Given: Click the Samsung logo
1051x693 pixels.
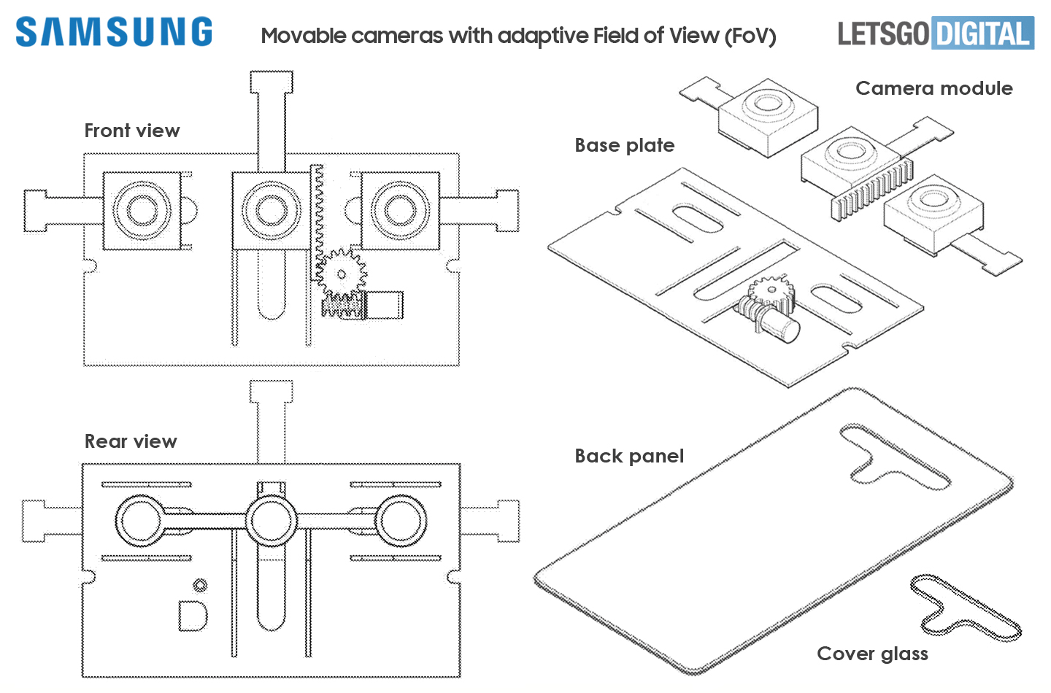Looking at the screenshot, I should click(114, 32).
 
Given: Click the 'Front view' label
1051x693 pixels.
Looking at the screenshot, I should click(132, 131).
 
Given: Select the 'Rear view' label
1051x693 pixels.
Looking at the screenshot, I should click(131, 441).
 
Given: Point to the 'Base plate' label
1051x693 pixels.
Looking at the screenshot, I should click(624, 145).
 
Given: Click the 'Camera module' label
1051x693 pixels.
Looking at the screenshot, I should click(933, 88).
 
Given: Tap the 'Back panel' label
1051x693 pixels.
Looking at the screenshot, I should click(629, 456).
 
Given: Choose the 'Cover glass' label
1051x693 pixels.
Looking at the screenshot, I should click(872, 654).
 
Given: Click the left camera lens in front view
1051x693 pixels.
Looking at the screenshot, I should click(142, 210).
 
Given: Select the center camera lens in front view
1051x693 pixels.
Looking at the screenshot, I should click(271, 210).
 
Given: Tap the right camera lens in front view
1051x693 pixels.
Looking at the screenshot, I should click(400, 210).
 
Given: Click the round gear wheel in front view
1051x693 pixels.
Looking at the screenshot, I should click(340, 274).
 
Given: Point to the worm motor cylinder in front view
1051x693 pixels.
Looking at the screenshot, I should click(384, 305).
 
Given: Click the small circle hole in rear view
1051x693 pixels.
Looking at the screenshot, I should click(200, 585).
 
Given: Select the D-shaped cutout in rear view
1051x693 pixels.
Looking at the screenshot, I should click(193, 616).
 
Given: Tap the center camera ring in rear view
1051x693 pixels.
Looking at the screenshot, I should click(271, 521).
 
